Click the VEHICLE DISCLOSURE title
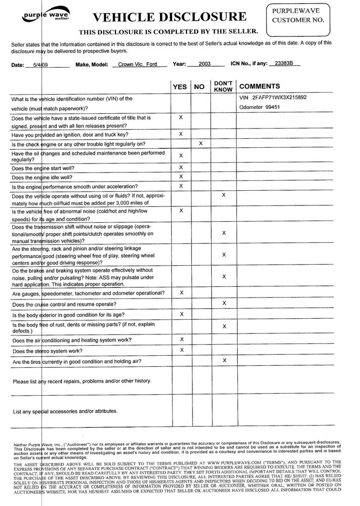(169, 17)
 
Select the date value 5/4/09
(40, 65)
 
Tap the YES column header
(180, 87)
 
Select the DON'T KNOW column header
(223, 87)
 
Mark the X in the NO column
(201, 144)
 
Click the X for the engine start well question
(181, 167)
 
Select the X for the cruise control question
(224, 303)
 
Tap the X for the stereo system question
(181, 350)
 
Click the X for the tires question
(224, 360)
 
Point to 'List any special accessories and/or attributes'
(65, 411)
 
